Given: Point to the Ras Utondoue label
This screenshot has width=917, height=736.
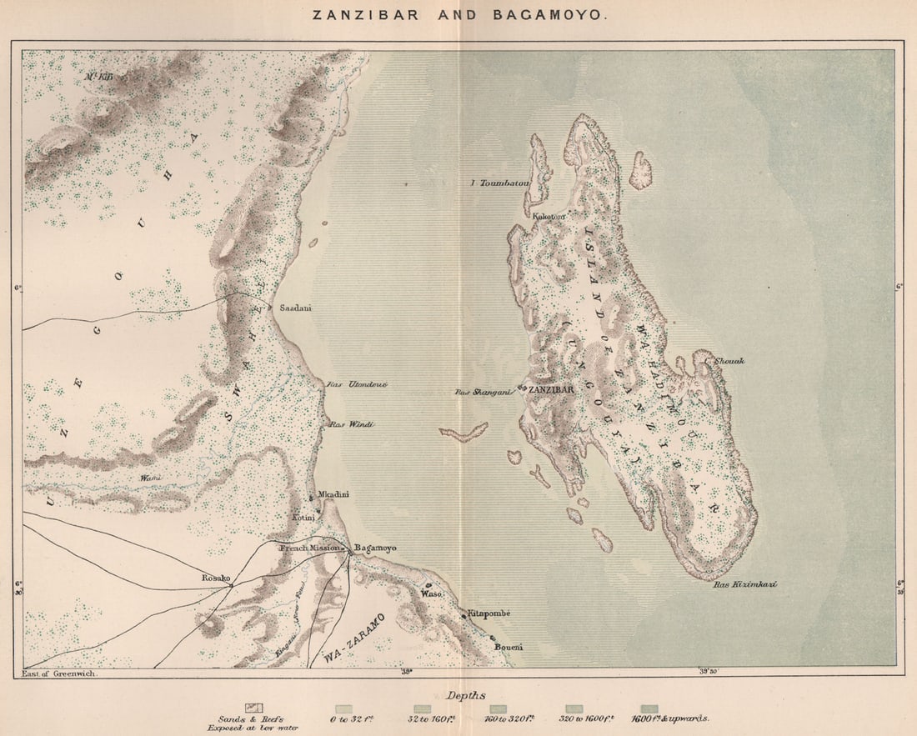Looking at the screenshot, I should click(346, 384).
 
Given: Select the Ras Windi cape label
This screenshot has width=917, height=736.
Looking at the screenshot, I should click(351, 424).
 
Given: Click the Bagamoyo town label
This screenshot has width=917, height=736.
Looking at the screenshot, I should click(375, 548).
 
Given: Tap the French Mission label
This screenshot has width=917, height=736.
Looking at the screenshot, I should click(309, 548).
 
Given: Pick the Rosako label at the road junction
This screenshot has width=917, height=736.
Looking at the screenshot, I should click(214, 577).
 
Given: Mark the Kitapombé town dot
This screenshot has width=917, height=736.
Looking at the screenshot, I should click(464, 616).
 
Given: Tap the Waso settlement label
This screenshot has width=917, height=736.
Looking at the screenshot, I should click(431, 594).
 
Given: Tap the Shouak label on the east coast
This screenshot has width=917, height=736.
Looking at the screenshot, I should click(729, 361).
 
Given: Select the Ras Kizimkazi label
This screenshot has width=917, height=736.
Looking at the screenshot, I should click(744, 584).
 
